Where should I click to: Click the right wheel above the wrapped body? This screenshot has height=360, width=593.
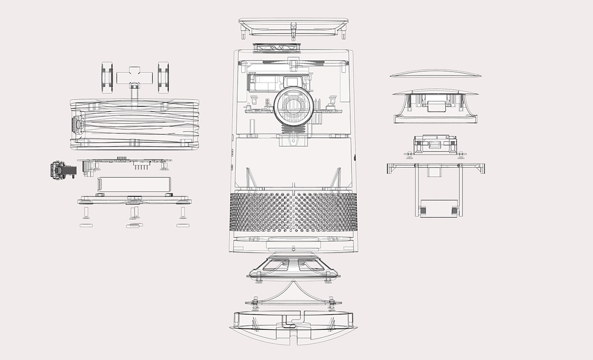(x=163, y=78)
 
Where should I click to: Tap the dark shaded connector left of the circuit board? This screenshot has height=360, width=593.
(x=61, y=170)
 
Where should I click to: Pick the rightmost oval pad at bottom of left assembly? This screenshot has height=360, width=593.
(x=183, y=225)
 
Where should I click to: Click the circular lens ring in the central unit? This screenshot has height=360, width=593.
(x=293, y=107)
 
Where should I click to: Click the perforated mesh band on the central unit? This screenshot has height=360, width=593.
(x=294, y=212)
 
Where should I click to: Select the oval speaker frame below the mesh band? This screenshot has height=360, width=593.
(x=294, y=268)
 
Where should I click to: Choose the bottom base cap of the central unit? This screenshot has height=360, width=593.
(x=294, y=326)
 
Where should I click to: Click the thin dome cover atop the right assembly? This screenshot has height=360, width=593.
(x=435, y=74)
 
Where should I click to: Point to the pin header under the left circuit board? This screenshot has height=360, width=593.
(x=141, y=167)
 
